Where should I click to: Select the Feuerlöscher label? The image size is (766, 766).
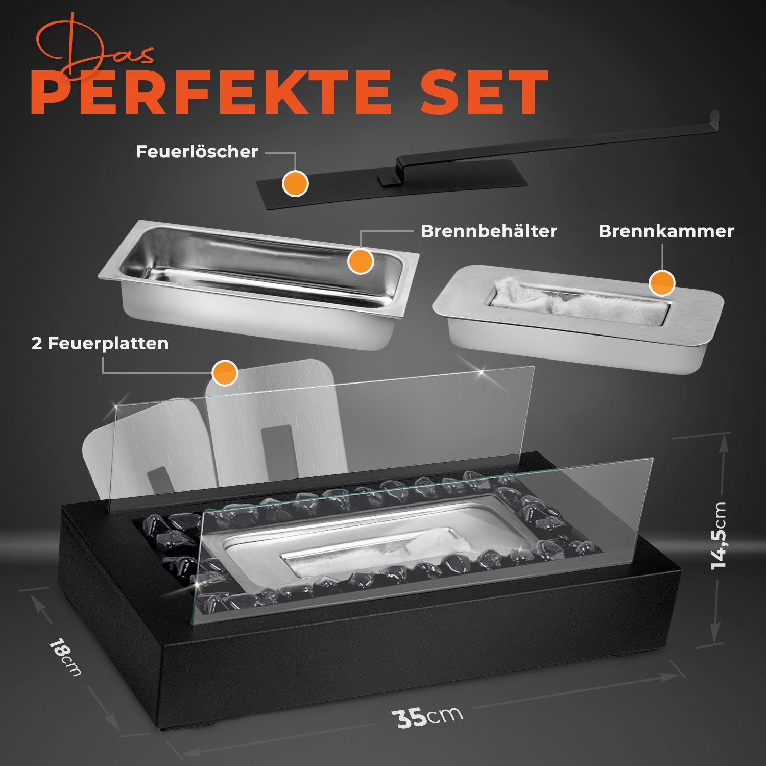point(197,152)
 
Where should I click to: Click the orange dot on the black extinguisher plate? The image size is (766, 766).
point(295,183)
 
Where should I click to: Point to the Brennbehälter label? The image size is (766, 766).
point(489,231)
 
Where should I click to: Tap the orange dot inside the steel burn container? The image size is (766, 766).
point(361,261)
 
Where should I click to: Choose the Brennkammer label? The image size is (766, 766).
point(666,231)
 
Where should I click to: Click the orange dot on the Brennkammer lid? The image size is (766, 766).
point(662,282)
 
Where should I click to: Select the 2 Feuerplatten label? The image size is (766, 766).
point(100,344)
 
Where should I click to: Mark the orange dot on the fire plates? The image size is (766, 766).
point(225,373)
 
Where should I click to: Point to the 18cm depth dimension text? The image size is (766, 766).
point(65,657)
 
